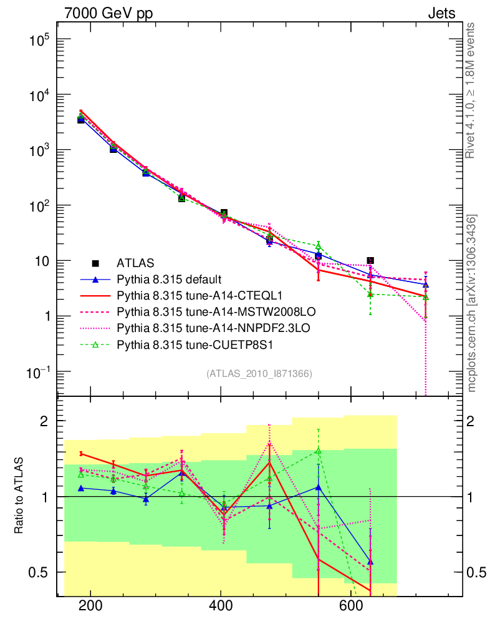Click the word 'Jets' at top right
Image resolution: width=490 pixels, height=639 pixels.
pos(441,14)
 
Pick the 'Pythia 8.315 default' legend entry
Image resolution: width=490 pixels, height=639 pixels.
pos(170,279)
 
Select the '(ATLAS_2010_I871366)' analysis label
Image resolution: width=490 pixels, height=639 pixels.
pos(259,374)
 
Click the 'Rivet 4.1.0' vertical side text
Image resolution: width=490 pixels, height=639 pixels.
pos(471,90)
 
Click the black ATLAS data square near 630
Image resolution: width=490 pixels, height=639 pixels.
pos(370,260)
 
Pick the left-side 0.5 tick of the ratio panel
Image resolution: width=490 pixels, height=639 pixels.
pos(39,572)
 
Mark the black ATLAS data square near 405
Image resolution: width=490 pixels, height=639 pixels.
pos(224,213)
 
